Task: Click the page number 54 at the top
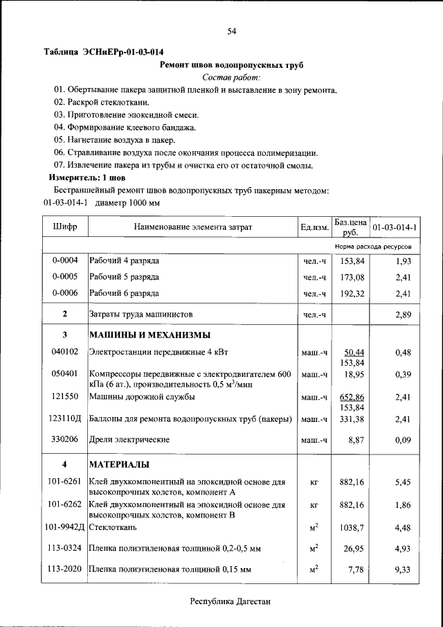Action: pos(232,31)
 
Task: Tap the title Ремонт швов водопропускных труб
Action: pos(232,65)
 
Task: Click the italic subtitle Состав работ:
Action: pos(232,78)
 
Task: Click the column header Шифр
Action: pos(65,227)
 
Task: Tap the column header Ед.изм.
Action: pos(314,227)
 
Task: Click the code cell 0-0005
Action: pos(65,277)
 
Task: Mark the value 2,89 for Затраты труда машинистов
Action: pos(403,315)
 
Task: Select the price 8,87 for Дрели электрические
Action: pos(354,440)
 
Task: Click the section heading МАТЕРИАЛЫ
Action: pos(120,464)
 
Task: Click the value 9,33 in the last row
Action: pos(403,569)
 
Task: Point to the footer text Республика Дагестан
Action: pos(231,603)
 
